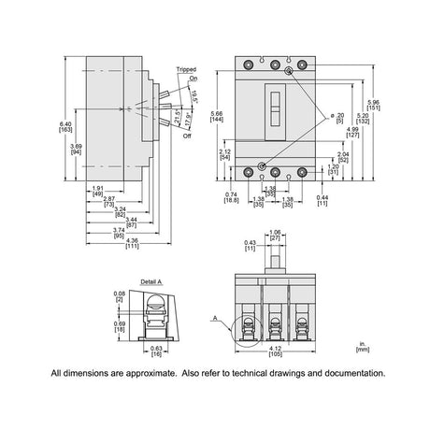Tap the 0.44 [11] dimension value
(x=322, y=198)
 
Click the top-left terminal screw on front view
(x=248, y=66)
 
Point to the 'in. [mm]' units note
(x=361, y=348)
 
